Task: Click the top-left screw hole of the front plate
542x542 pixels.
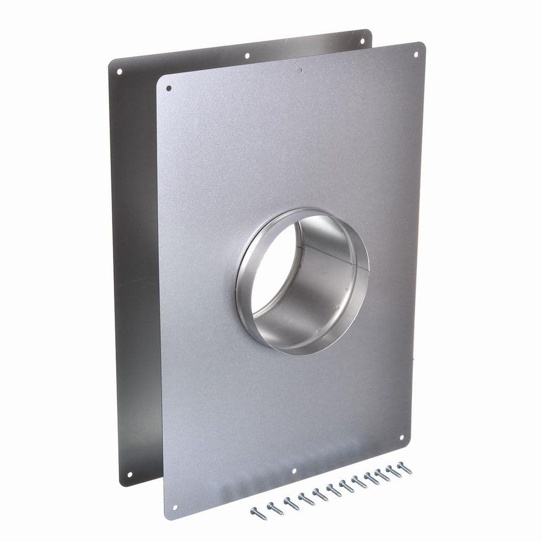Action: point(169,88)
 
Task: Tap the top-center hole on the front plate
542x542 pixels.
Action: point(299,70)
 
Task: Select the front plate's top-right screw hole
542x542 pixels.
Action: point(416,55)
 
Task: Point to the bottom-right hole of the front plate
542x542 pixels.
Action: point(402,437)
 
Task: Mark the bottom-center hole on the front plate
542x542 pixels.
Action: point(294,472)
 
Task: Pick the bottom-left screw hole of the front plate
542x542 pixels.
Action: point(175,507)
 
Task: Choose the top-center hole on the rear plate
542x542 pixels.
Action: point(247,55)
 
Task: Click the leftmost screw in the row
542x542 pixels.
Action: point(254,511)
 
